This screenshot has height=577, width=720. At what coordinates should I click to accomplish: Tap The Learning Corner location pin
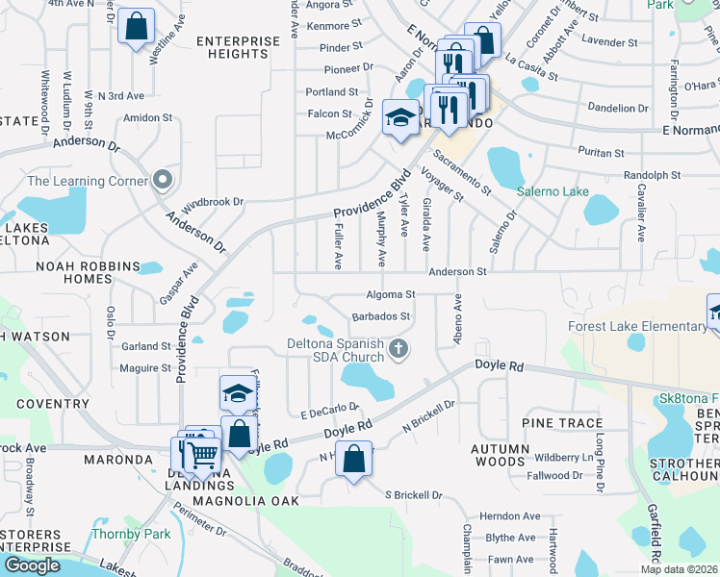click(163, 180)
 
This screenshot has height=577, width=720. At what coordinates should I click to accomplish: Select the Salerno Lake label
click(553, 191)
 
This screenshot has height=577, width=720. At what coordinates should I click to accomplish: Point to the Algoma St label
click(390, 294)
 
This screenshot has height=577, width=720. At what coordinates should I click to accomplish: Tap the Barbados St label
click(381, 315)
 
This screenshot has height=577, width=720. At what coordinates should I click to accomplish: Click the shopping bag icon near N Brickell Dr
click(354, 460)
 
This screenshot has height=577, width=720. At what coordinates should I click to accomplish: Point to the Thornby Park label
click(130, 534)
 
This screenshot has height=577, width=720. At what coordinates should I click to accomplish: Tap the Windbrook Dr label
click(213, 203)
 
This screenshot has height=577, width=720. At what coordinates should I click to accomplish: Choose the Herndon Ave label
click(506, 515)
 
